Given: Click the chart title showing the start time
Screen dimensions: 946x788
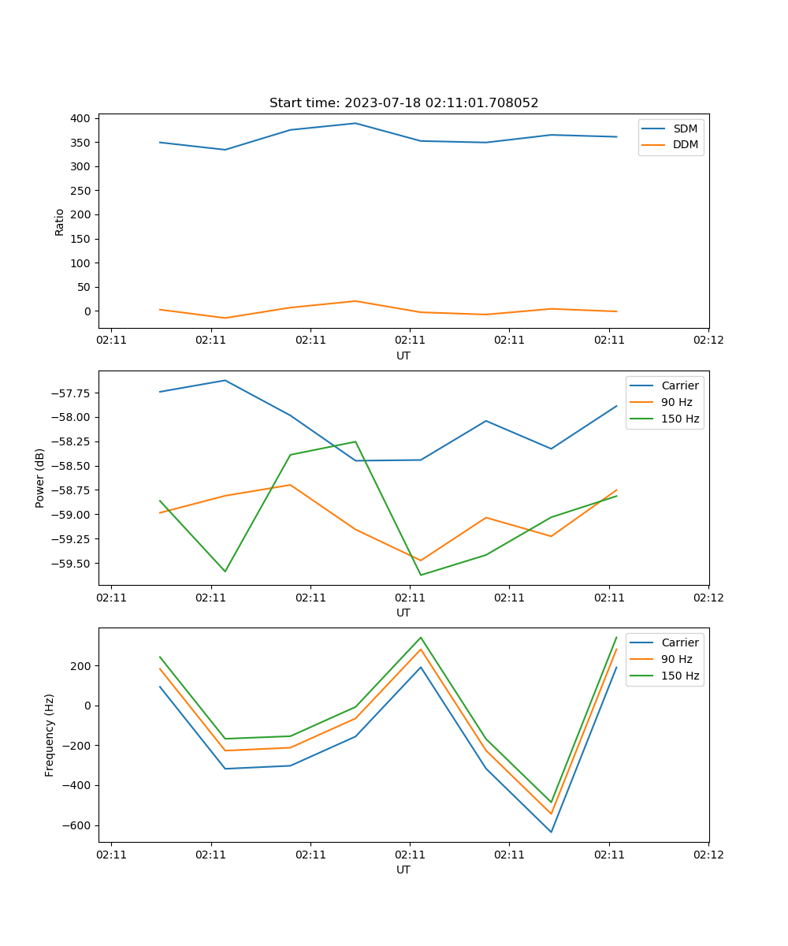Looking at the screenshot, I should [x=403, y=103].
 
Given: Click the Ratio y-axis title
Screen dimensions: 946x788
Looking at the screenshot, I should [x=60, y=222].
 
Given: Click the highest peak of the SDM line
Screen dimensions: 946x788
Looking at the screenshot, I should [x=355, y=123].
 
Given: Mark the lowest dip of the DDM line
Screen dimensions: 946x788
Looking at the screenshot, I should [x=225, y=318].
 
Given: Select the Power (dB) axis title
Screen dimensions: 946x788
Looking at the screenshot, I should [x=40, y=478].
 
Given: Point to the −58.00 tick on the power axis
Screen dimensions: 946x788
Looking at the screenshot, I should [x=73, y=417].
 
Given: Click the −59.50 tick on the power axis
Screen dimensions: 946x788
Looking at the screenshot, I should [x=73, y=563].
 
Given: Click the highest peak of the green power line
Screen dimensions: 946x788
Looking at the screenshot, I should [x=355, y=441].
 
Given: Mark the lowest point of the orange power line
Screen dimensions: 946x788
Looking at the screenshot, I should [x=421, y=561].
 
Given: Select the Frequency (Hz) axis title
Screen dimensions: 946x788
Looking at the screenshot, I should [x=50, y=736].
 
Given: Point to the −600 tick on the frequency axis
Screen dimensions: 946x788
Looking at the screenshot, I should [x=79, y=825].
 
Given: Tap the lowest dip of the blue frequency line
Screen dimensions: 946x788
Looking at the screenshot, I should [x=551, y=832].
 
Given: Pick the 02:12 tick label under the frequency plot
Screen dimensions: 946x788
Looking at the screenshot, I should [x=708, y=853].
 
